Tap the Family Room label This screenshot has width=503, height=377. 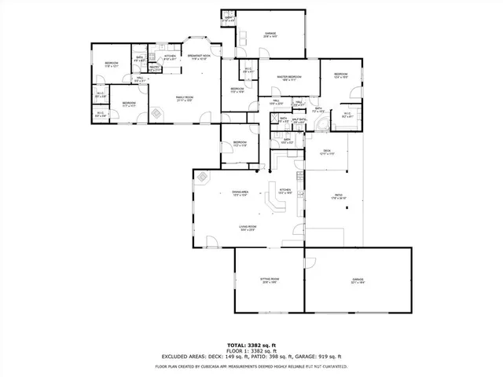pos(184,98)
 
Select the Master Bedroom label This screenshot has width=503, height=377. pos(290,78)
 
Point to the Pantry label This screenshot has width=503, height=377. pos(155,68)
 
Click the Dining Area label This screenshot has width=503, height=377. pos(240,193)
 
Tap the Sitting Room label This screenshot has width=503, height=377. pos(270,280)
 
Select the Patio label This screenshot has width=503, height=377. pos(338,197)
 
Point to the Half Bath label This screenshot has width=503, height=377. pos(299,120)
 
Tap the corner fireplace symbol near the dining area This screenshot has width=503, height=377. pos(203,178)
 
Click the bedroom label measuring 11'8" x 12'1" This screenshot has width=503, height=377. pos(112,64)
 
